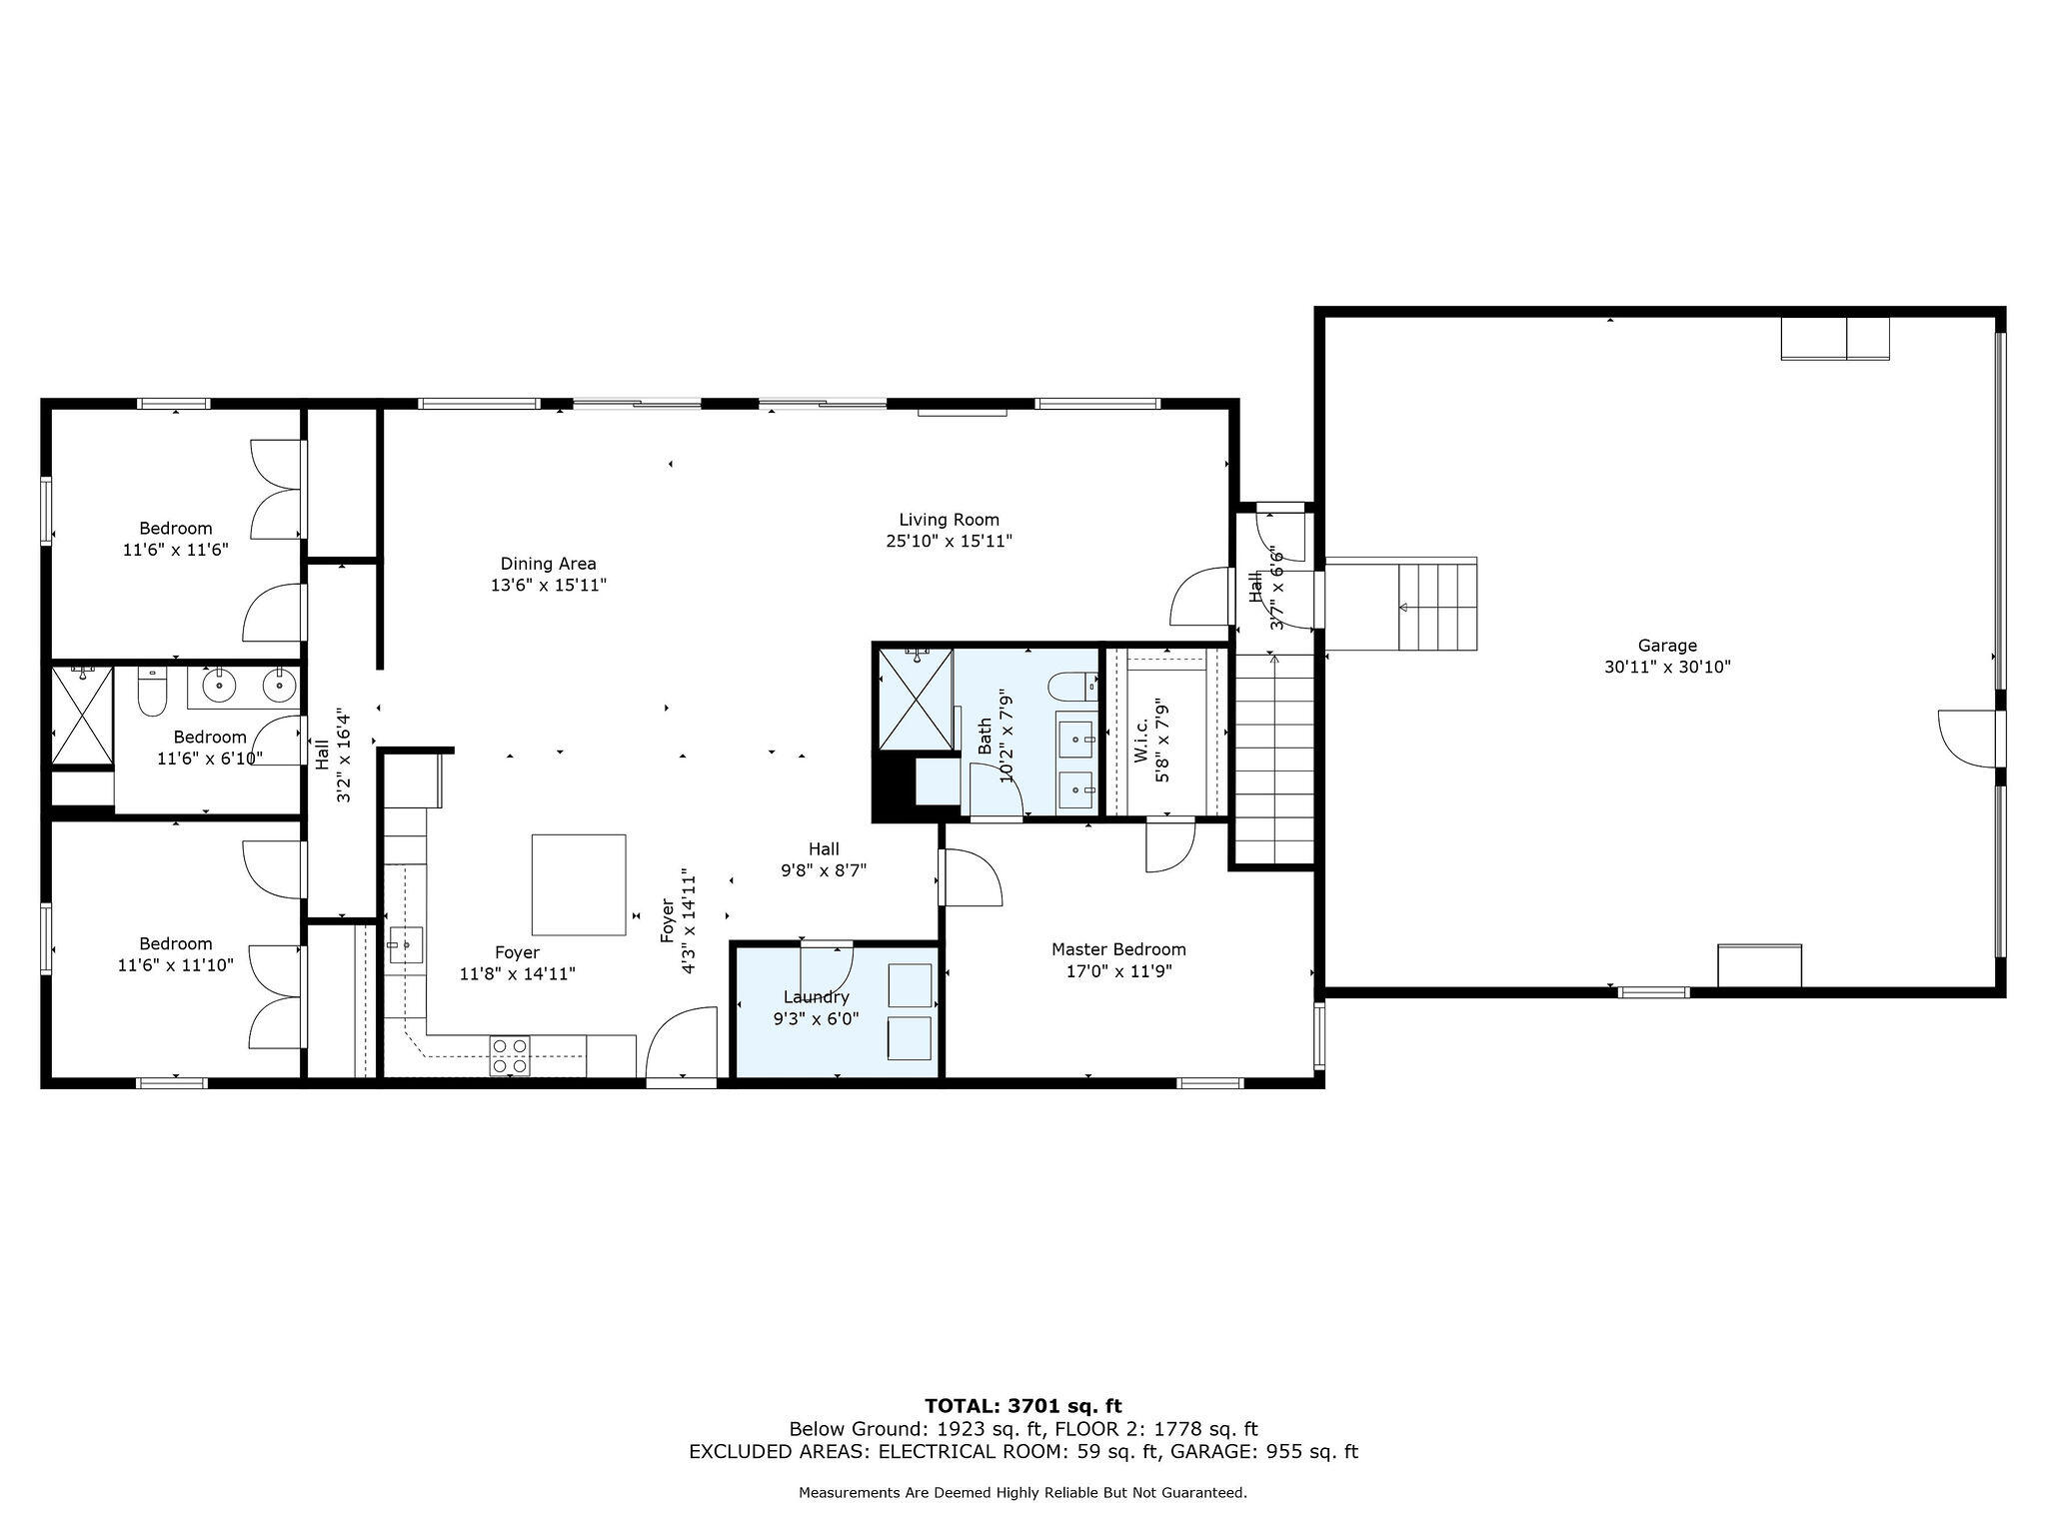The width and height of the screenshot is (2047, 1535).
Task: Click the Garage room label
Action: click(1667, 646)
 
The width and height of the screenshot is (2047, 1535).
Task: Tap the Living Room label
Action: click(949, 520)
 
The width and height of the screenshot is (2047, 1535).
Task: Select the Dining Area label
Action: click(549, 564)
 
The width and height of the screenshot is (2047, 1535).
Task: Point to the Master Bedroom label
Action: click(1118, 949)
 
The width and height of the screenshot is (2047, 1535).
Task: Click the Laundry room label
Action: click(817, 997)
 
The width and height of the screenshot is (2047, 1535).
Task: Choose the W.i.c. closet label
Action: click(1142, 740)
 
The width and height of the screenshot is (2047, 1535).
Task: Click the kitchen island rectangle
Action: click(579, 884)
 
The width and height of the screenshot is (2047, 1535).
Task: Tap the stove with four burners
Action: click(510, 1056)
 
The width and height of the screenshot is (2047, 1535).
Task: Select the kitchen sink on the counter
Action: click(405, 944)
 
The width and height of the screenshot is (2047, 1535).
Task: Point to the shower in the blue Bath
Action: click(915, 698)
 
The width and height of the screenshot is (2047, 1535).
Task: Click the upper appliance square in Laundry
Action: click(911, 985)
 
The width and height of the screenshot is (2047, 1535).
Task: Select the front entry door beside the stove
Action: click(682, 1044)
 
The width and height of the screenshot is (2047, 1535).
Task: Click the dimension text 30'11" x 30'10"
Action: click(1667, 667)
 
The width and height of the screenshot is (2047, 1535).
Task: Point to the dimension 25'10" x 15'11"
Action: click(949, 542)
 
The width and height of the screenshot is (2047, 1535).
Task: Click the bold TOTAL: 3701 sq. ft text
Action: click(1023, 1407)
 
